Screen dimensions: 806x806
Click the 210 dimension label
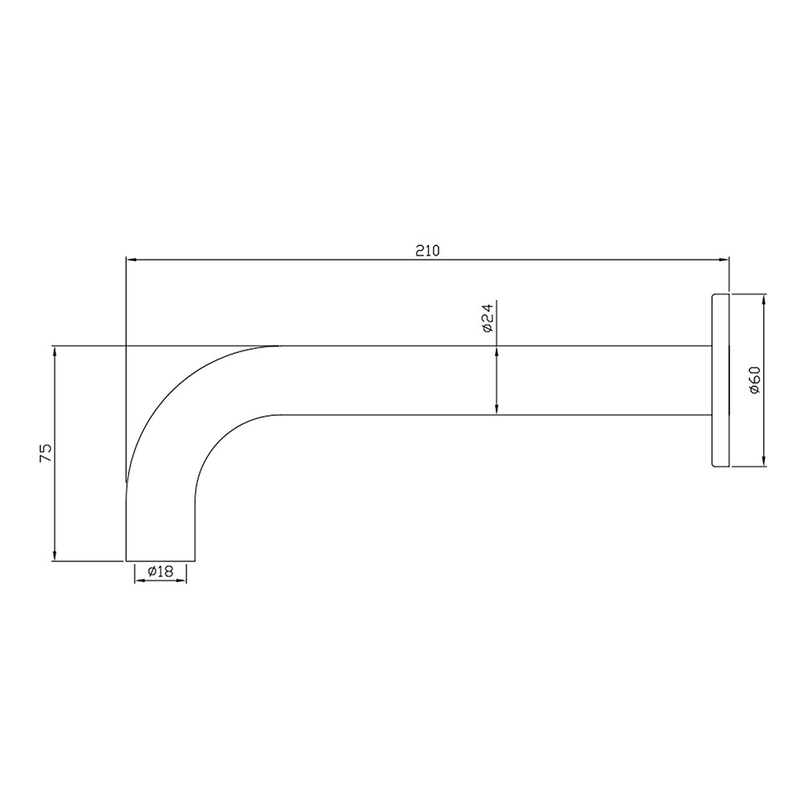click(x=426, y=250)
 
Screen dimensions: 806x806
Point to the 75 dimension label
click(x=46, y=452)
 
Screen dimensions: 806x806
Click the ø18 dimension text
click(x=160, y=571)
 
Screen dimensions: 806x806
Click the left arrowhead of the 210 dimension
click(x=131, y=260)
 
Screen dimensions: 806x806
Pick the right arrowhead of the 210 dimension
click(x=724, y=260)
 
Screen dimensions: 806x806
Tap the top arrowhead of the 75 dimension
click(x=54, y=351)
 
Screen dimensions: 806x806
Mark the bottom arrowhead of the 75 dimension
click(x=54, y=555)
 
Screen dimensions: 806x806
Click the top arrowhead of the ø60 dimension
click(x=763, y=297)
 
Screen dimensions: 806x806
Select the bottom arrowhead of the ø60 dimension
click(x=763, y=462)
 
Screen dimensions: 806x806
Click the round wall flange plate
click(x=720, y=380)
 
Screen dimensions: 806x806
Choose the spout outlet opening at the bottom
click(x=161, y=559)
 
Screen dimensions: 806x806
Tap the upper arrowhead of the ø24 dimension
click(x=496, y=351)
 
